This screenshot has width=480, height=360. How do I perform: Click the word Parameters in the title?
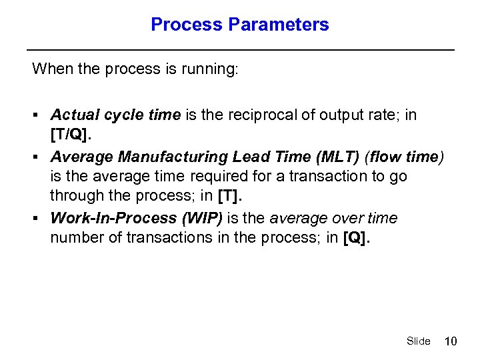pyautogui.click(x=279, y=25)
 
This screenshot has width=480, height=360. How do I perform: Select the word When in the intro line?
pyautogui.click(x=50, y=69)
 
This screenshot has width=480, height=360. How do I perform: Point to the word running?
pyautogui.click(x=210, y=69)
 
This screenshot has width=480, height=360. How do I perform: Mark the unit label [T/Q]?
pyautogui.click(x=70, y=135)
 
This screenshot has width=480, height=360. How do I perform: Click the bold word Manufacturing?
pyautogui.click(x=173, y=157)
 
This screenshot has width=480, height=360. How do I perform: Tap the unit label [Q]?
pyautogui.click(x=355, y=239)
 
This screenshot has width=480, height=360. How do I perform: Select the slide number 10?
pyautogui.click(x=451, y=341)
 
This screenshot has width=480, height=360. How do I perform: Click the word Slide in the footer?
pyautogui.click(x=418, y=341)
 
